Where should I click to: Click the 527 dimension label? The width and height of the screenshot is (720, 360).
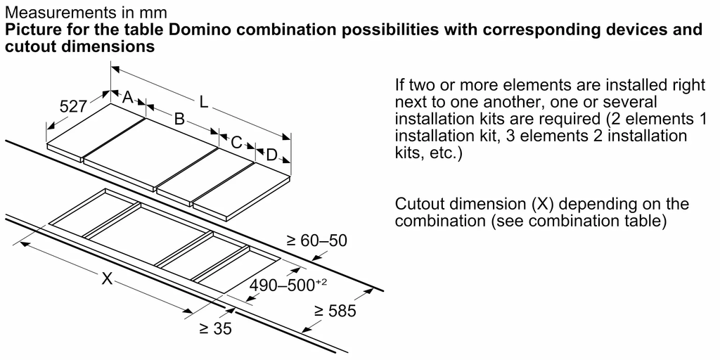(x=73, y=107)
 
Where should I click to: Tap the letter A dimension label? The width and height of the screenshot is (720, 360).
(x=128, y=98)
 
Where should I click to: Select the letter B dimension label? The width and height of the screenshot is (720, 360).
(x=179, y=120)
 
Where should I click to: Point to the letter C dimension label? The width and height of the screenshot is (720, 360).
(x=237, y=143)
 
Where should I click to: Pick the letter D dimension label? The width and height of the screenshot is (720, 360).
(x=271, y=155)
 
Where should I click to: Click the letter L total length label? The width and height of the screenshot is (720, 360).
(x=204, y=102)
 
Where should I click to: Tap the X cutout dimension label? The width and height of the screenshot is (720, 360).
(x=107, y=279)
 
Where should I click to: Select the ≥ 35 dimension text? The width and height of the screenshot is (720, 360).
(x=214, y=328)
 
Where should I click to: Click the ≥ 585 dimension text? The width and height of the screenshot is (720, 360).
(x=335, y=311)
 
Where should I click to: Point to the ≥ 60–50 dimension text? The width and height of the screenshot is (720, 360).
(x=316, y=241)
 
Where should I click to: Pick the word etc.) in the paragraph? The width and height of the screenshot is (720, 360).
(x=445, y=153)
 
